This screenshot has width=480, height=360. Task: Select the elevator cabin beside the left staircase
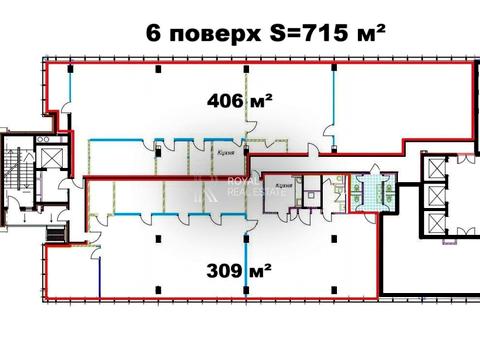[48, 162]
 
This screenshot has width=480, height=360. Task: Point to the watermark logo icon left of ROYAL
[209, 187]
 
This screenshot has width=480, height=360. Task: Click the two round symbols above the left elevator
[48, 139]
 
